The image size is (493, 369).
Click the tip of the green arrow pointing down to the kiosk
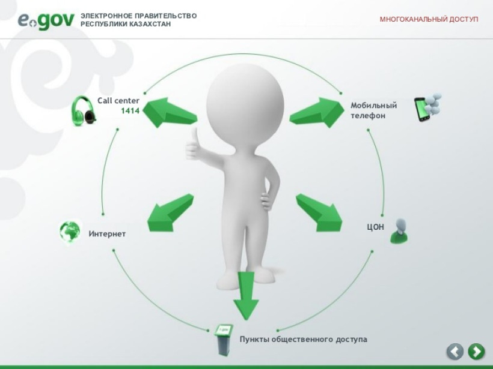point(246,320)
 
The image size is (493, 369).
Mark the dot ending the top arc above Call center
point(145,93)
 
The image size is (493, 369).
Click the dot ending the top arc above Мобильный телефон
point(341,93)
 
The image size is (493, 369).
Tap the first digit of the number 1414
point(123,111)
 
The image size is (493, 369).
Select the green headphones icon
point(84,111)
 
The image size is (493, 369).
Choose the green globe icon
point(70,232)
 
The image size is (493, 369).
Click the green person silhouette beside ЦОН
point(399,231)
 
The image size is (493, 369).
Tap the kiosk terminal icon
point(224,340)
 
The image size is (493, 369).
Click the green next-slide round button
point(476,352)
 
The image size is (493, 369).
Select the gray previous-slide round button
point(455,352)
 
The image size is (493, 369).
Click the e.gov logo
point(46,21)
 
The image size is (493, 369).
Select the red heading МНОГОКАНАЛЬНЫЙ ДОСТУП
point(429,19)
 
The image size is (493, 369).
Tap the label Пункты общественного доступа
point(304,340)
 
